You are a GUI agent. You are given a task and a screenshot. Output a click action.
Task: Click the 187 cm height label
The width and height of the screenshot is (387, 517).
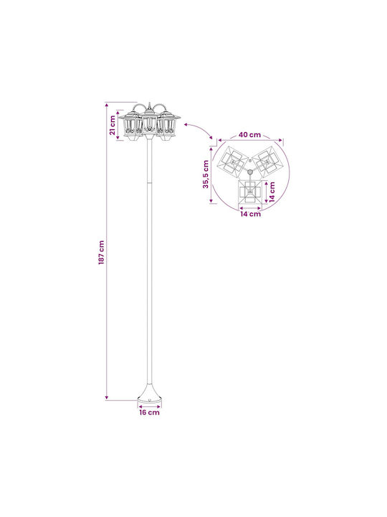click(101, 252)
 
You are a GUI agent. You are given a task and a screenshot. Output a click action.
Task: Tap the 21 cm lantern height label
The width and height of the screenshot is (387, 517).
click(113, 125)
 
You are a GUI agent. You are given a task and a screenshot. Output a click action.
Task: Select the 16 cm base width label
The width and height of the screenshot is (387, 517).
click(149, 412)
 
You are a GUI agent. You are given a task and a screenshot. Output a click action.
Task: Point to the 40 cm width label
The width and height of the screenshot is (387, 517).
click(250, 134)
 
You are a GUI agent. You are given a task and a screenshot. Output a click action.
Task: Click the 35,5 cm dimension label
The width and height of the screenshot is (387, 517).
click(206, 174)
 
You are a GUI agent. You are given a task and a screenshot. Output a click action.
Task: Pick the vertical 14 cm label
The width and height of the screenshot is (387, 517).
click(272, 192)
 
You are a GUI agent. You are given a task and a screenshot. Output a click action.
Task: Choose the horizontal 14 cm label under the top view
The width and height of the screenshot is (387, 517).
click(250, 214)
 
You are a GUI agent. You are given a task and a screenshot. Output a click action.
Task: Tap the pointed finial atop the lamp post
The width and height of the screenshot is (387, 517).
click(149, 106)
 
